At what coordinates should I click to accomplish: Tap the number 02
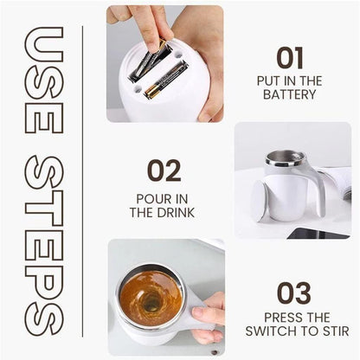[x=164, y=170]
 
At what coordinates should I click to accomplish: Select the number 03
[x=293, y=292]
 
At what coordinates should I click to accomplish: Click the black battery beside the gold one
[x=148, y=63]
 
